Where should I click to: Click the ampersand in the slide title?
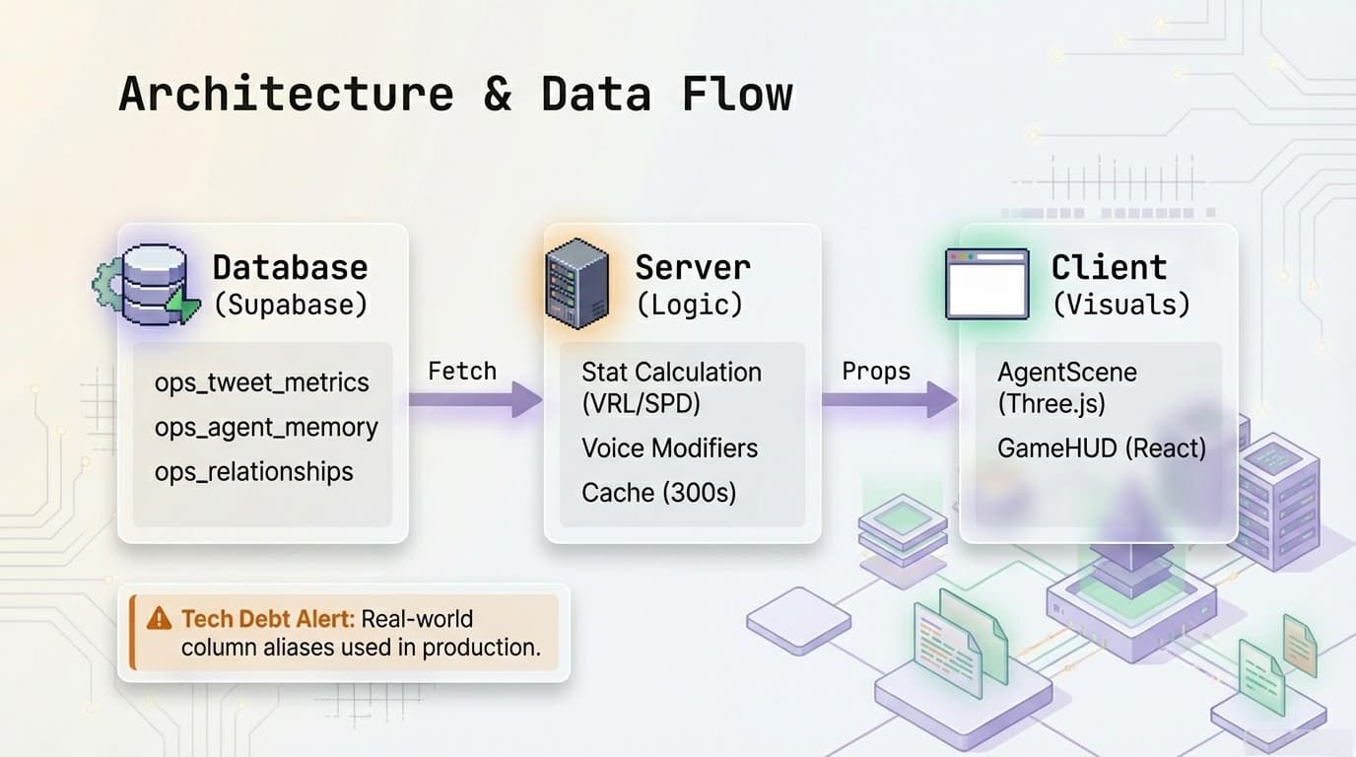click(x=497, y=95)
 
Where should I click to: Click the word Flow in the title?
click(x=736, y=95)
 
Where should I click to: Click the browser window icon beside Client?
click(x=986, y=284)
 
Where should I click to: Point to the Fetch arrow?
click(x=474, y=400)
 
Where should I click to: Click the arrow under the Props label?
click(x=888, y=400)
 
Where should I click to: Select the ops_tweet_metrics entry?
click(x=261, y=382)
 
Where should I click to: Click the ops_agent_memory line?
click(x=266, y=428)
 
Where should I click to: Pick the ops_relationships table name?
click(x=253, y=472)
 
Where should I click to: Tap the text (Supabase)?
click(x=291, y=305)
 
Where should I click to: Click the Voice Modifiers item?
click(x=669, y=448)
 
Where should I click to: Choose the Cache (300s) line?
click(x=658, y=493)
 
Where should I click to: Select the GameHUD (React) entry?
click(x=1101, y=448)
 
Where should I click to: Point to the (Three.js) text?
click(x=1051, y=404)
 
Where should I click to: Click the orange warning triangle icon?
click(x=158, y=619)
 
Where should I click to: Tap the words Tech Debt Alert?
click(x=267, y=619)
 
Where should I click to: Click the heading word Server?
click(x=692, y=267)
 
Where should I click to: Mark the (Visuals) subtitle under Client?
click(x=1120, y=305)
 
